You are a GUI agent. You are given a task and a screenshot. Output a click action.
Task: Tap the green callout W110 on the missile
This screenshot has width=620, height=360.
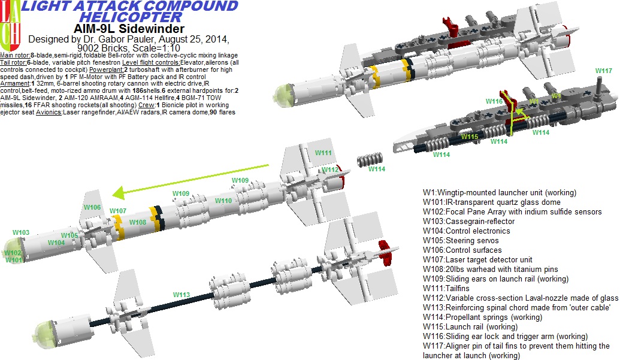click(223, 201)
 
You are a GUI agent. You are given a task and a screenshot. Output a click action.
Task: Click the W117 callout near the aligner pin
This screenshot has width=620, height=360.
click(603, 71)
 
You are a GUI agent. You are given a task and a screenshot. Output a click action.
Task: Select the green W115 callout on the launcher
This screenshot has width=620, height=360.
click(470, 137)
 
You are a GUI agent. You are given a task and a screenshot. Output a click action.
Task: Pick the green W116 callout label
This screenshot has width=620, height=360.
click(494, 102)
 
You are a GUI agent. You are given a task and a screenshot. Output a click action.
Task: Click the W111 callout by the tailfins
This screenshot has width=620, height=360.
click(323, 153)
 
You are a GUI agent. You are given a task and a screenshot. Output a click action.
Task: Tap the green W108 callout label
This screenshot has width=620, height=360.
click(137, 222)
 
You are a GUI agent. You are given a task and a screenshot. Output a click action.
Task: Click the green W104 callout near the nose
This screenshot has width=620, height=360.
click(56, 243)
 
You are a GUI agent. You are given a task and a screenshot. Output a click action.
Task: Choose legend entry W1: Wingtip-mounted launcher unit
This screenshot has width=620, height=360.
click(499, 193)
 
